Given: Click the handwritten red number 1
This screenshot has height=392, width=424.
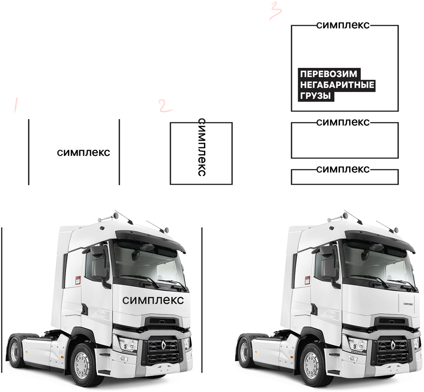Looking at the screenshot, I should click(x=16, y=105).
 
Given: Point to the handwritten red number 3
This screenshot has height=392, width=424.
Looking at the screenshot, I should click(x=276, y=10).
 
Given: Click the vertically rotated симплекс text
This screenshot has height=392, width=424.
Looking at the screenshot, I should click(x=202, y=147).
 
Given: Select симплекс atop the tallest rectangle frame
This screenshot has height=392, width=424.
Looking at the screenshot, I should click(x=343, y=25).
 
